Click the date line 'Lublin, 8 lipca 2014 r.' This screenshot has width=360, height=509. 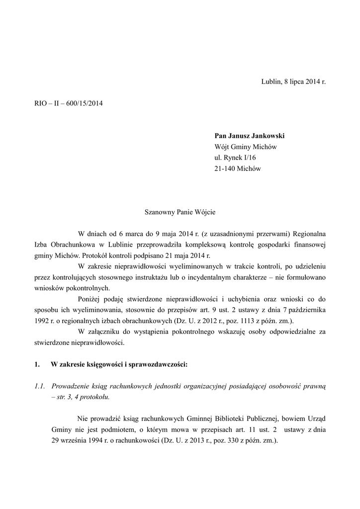[x=293, y=81]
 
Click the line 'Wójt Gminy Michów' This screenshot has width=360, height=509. [x=245, y=147]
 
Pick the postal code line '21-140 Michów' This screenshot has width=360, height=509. [x=237, y=169]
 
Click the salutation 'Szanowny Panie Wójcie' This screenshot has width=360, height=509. [x=180, y=211]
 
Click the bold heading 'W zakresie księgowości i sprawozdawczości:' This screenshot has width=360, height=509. [x=119, y=364]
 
